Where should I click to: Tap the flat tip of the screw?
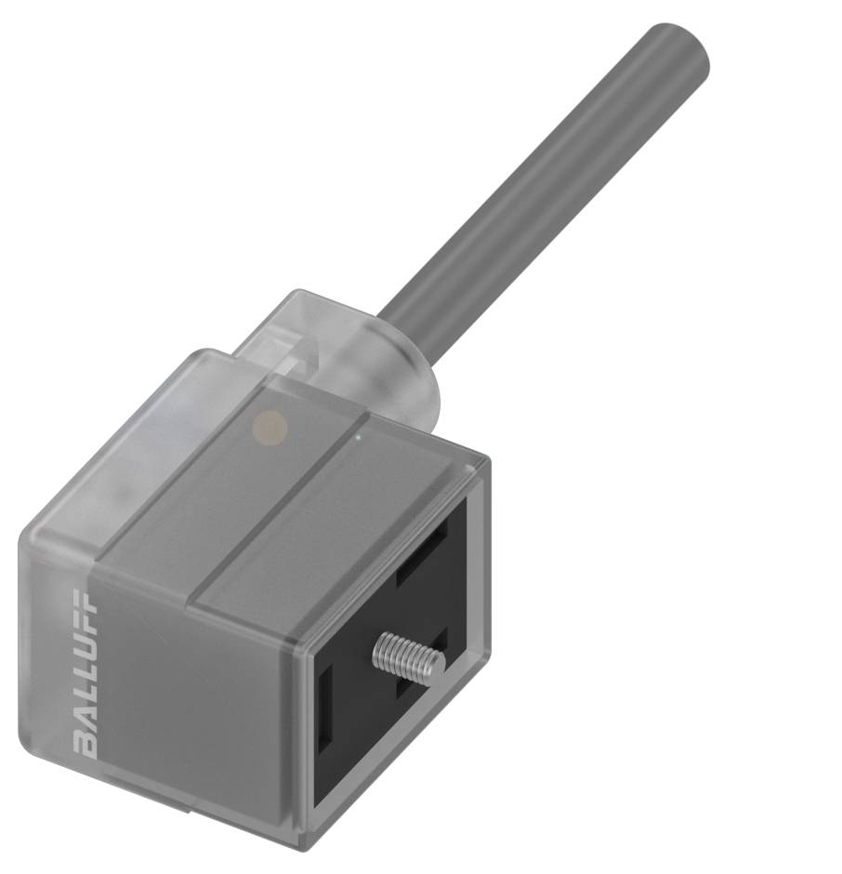[x=437, y=663]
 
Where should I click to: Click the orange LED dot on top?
[x=270, y=425]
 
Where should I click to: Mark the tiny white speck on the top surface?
[x=359, y=432]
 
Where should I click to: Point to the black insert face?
[x=372, y=725]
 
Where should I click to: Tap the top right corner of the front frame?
[x=487, y=459]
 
